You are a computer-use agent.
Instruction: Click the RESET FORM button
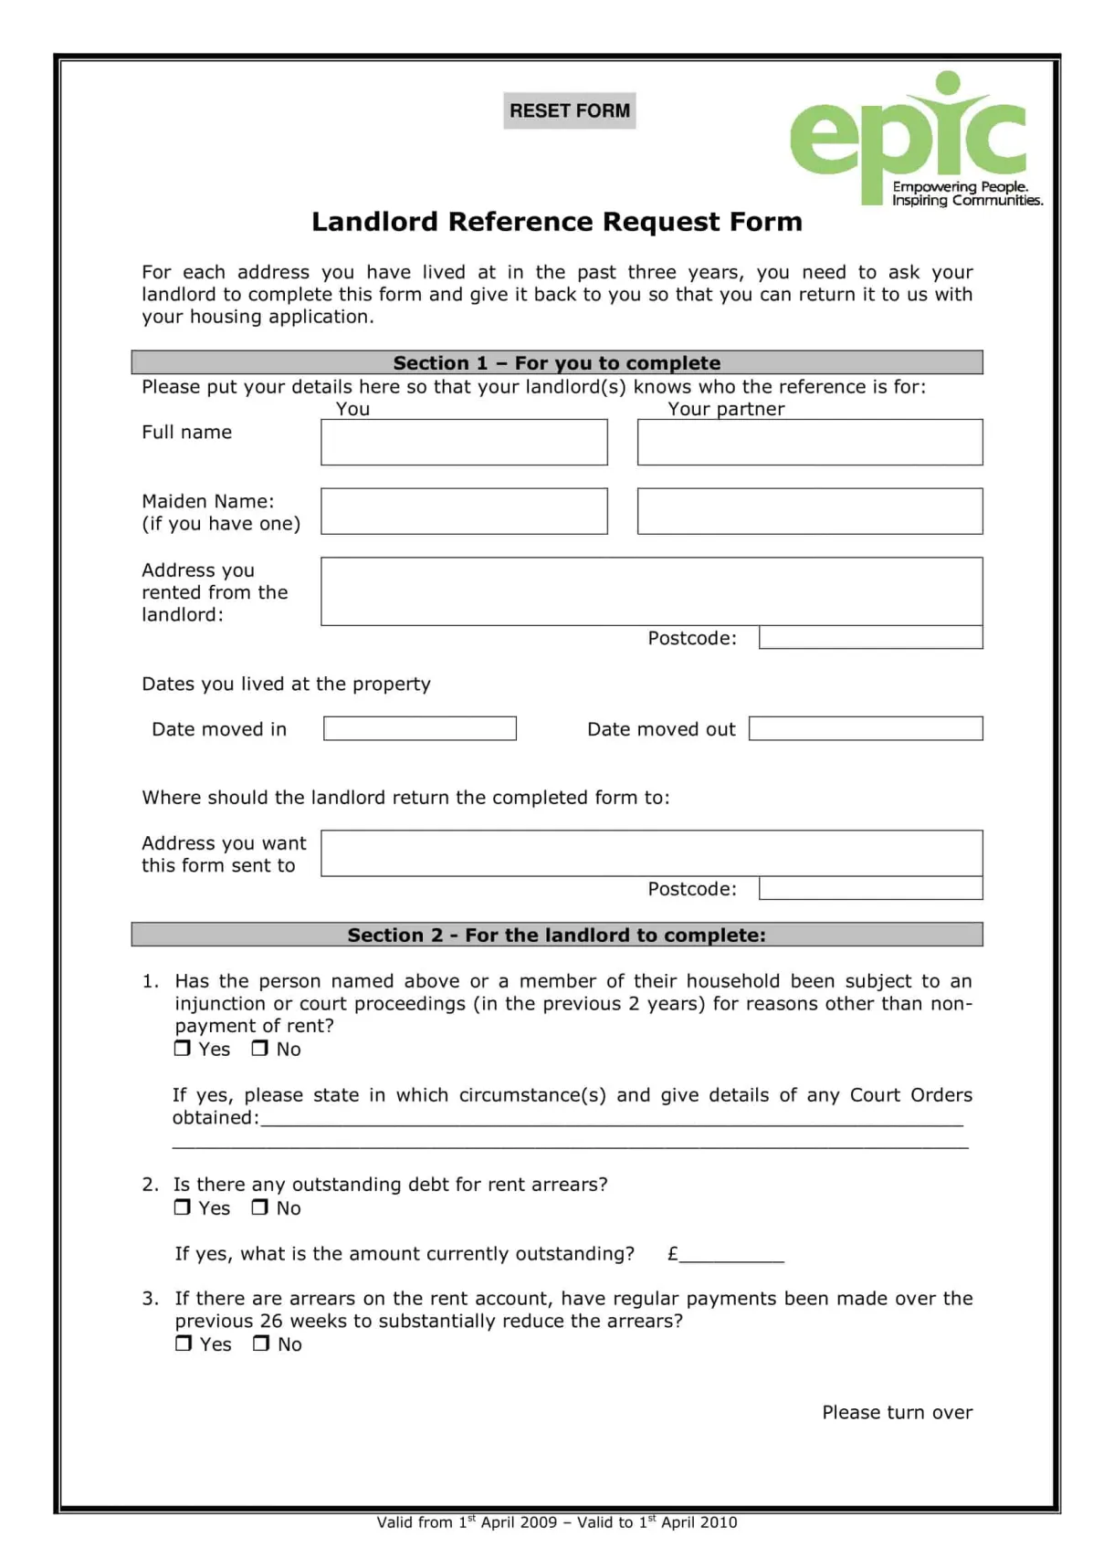(569, 110)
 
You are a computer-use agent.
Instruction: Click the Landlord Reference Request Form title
(556, 222)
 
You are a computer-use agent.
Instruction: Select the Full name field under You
(464, 443)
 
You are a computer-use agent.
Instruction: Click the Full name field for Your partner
(809, 443)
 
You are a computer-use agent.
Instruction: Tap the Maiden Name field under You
(464, 511)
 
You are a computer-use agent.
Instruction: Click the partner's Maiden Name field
(809, 511)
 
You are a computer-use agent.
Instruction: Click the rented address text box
(651, 591)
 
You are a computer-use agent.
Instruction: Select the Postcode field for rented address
(870, 638)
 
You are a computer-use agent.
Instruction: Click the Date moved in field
(419, 728)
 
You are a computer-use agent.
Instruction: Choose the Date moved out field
(865, 728)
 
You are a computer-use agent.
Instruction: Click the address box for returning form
(651, 853)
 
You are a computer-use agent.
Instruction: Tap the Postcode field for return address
(870, 889)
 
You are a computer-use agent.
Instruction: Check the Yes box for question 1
(183, 1049)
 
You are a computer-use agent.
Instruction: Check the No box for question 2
(260, 1207)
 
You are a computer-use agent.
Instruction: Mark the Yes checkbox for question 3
(184, 1343)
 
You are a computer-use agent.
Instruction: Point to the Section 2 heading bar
(556, 935)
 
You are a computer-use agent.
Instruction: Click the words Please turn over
(897, 1413)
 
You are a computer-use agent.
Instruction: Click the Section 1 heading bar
(556, 362)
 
